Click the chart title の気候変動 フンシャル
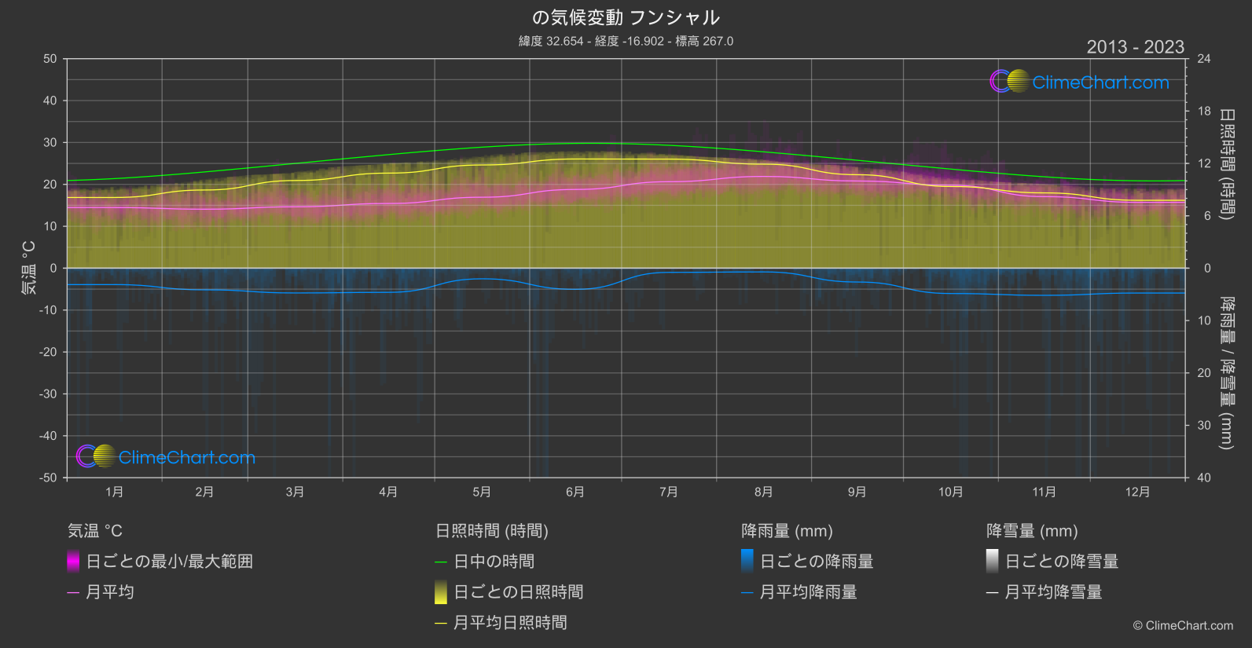point(626,17)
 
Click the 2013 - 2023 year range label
point(1135,47)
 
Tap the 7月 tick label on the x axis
point(669,492)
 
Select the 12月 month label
point(1137,492)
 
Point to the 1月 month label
point(115,492)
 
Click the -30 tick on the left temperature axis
point(48,394)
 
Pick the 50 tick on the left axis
point(50,59)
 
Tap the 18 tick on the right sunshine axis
point(1204,112)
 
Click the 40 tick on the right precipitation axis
point(1204,478)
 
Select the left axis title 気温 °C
point(28,268)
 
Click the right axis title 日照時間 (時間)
point(1226,163)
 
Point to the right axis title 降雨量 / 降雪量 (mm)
point(1226,372)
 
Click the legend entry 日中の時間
point(494,562)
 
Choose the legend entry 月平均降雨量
point(808,592)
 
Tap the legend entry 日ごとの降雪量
point(1061,562)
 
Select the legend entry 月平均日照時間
point(510,623)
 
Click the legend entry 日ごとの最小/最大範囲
point(169,562)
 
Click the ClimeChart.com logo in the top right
point(1080,82)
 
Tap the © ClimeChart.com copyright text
point(1183,626)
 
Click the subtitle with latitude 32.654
point(626,41)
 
